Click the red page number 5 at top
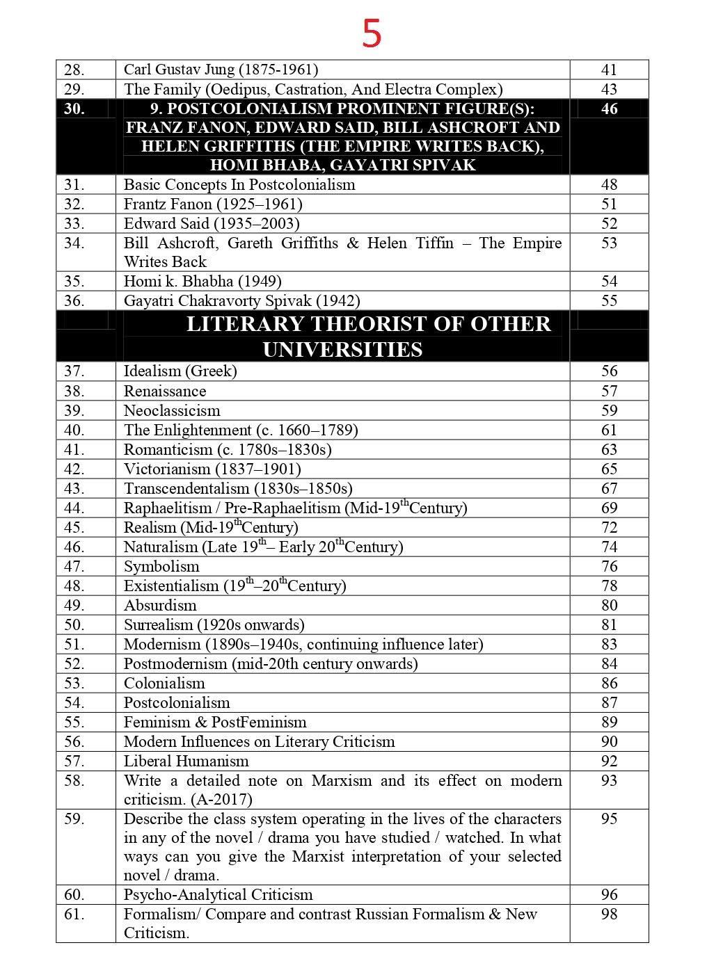click(x=372, y=33)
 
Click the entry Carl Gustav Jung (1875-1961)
click(x=221, y=70)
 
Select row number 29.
click(x=74, y=89)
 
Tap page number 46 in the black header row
click(x=609, y=108)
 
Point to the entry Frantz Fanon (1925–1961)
click(x=213, y=204)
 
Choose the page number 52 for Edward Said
click(x=609, y=223)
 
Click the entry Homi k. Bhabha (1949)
click(x=202, y=281)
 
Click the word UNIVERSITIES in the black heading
click(x=342, y=349)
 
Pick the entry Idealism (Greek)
click(x=180, y=371)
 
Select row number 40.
click(x=74, y=430)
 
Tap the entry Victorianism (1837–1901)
click(x=212, y=469)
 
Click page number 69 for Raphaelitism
click(x=609, y=508)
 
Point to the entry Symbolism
click(x=161, y=566)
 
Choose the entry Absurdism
click(x=160, y=605)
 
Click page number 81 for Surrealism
click(x=609, y=624)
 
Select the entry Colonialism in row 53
click(x=164, y=683)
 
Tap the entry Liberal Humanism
click(x=186, y=761)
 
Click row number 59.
click(x=74, y=819)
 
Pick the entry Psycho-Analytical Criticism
click(x=218, y=894)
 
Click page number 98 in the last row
click(x=609, y=914)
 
